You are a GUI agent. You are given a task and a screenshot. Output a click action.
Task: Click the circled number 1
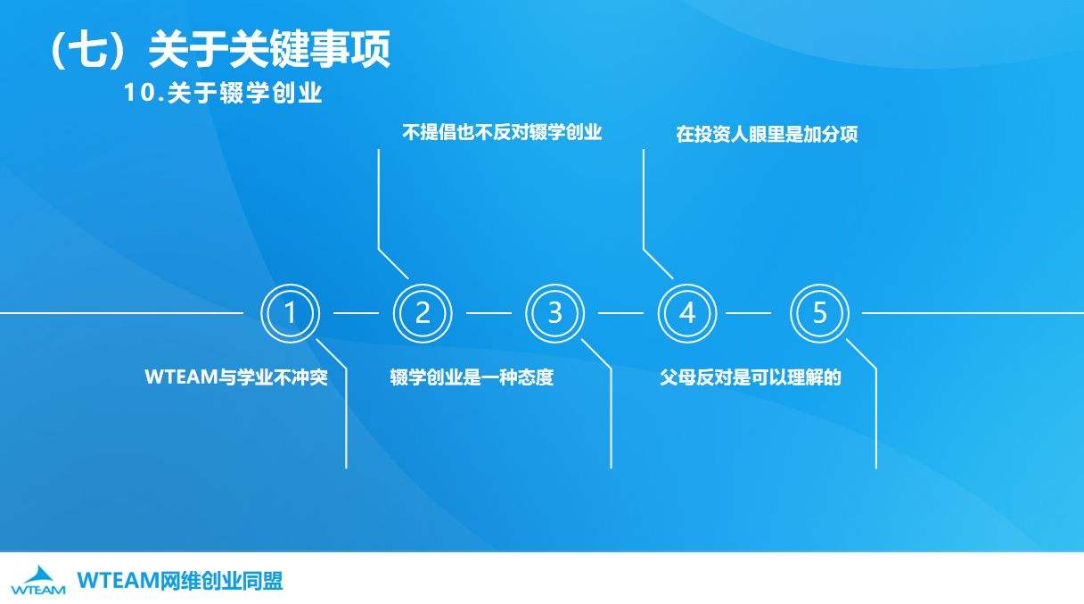pos(290,313)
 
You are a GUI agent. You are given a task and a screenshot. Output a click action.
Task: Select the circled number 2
pos(423,313)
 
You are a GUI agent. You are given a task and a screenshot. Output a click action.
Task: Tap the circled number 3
pos(554,313)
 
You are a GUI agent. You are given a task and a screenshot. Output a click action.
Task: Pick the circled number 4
pos(687,313)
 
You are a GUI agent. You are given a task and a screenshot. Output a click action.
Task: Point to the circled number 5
pos(819,313)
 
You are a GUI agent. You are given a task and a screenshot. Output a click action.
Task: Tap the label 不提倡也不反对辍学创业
pos(503,134)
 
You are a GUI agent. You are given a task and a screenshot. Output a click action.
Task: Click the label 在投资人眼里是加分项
pos(767,135)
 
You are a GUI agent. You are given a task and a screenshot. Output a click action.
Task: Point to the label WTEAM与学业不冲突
pos(236,377)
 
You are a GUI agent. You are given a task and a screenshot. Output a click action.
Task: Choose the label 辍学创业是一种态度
pos(472,377)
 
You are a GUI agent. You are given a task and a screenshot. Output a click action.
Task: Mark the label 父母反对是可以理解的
pos(751,377)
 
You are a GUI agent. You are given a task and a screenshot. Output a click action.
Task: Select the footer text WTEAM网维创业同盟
pos(180,582)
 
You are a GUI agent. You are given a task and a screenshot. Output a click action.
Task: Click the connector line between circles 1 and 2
pos(356,313)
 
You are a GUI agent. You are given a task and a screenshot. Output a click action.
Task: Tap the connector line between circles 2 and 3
pos(489,313)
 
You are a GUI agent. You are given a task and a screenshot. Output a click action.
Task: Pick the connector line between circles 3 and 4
pos(620,313)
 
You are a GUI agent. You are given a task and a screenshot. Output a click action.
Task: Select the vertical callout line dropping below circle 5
pos(876,419)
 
